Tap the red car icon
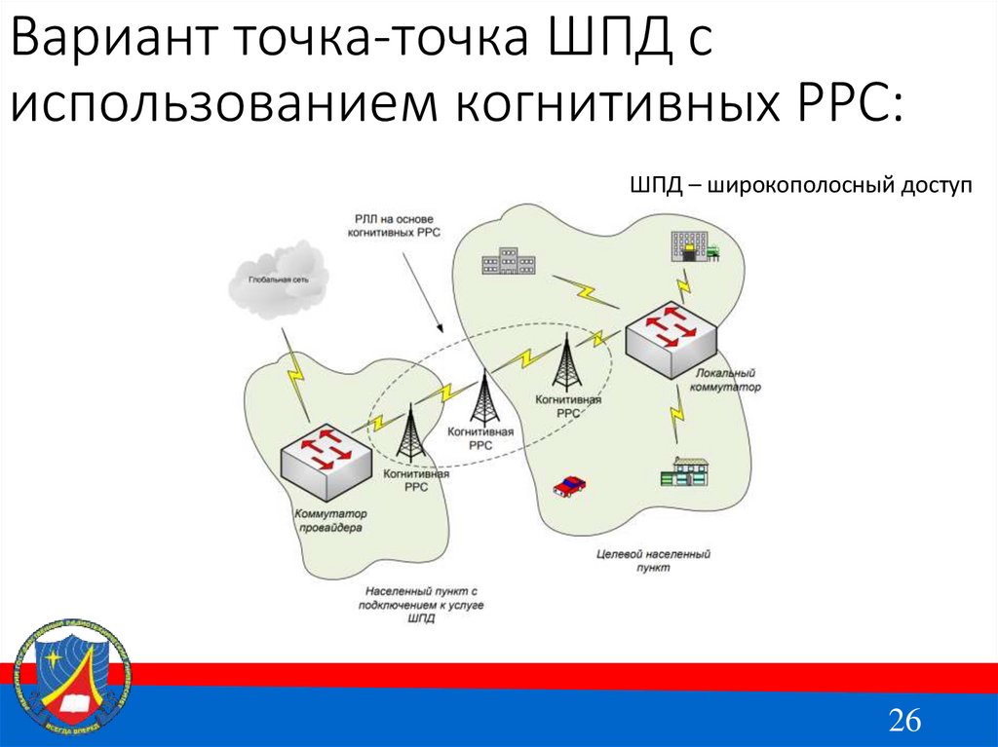click(568, 485)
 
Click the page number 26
click(902, 721)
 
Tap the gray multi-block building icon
click(508, 260)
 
